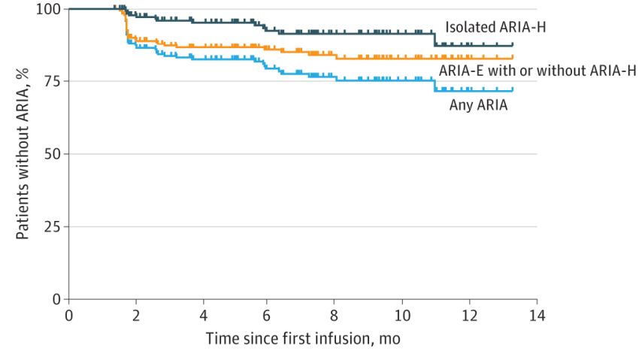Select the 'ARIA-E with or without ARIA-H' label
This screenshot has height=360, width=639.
(x=537, y=71)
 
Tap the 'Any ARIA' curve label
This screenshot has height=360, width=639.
(x=478, y=105)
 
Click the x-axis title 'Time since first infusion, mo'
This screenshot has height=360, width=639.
(x=303, y=339)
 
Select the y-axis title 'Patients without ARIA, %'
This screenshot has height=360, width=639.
(x=23, y=154)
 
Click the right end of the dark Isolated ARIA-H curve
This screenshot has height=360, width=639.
(x=513, y=45)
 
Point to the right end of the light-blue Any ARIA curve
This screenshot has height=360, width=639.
(x=513, y=90)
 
